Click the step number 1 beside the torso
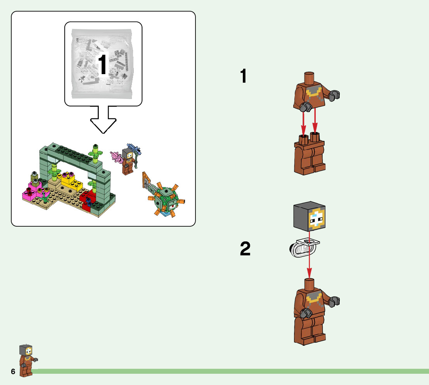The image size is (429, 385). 244,76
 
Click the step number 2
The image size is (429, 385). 245,249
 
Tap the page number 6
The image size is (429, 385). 13,372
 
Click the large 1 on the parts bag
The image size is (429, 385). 102,64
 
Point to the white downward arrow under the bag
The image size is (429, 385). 103,120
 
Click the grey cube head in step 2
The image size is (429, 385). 309,217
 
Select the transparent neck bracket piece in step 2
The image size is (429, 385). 304,248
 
